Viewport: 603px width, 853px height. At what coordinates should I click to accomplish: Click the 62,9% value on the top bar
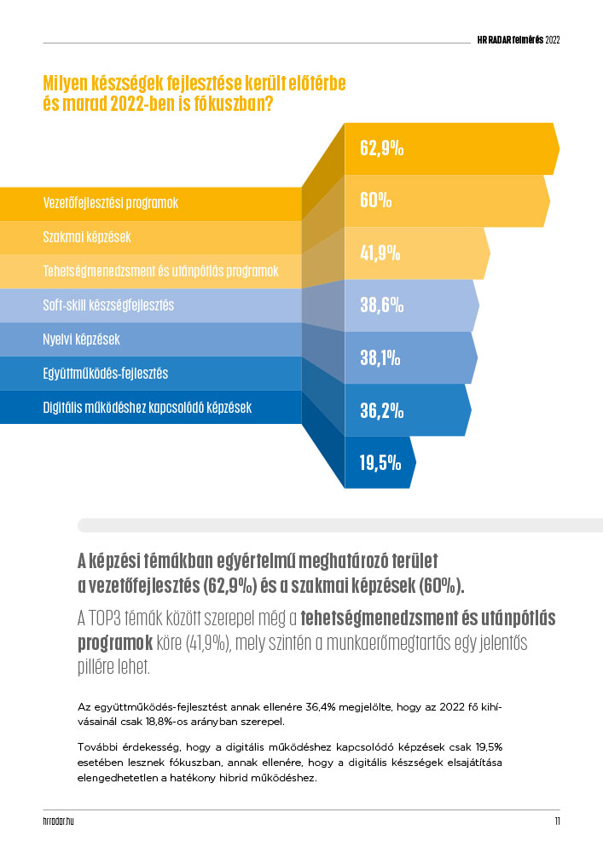pyautogui.click(x=381, y=148)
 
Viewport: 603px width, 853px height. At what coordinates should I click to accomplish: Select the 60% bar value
pyautogui.click(x=375, y=200)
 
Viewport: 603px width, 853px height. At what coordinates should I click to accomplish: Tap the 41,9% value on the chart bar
pyautogui.click(x=380, y=252)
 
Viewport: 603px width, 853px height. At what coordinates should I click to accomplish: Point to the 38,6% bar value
pyautogui.click(x=381, y=305)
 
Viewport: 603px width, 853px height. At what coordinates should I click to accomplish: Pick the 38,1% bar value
pyautogui.click(x=380, y=358)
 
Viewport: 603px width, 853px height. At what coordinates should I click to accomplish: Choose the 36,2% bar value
pyautogui.click(x=381, y=410)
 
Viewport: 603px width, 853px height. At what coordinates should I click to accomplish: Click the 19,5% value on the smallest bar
pyautogui.click(x=380, y=462)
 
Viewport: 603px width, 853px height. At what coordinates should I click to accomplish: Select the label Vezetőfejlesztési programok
pyautogui.click(x=116, y=203)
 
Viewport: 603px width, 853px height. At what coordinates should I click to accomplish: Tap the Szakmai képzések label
pyautogui.click(x=86, y=237)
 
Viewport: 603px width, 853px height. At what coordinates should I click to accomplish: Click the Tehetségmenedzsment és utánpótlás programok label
pyautogui.click(x=160, y=271)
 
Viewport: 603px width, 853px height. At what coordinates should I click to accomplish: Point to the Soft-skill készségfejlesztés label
pyautogui.click(x=108, y=305)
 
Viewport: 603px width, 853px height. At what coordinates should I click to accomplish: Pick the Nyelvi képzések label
pyautogui.click(x=81, y=339)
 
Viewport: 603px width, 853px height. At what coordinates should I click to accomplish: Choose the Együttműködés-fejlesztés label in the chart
pyautogui.click(x=105, y=373)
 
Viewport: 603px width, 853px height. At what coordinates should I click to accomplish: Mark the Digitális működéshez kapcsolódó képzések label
pyautogui.click(x=147, y=407)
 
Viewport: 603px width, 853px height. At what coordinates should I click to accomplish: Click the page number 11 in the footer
pyautogui.click(x=556, y=821)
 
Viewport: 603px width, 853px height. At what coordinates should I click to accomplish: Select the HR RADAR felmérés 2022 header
pyautogui.click(x=518, y=39)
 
